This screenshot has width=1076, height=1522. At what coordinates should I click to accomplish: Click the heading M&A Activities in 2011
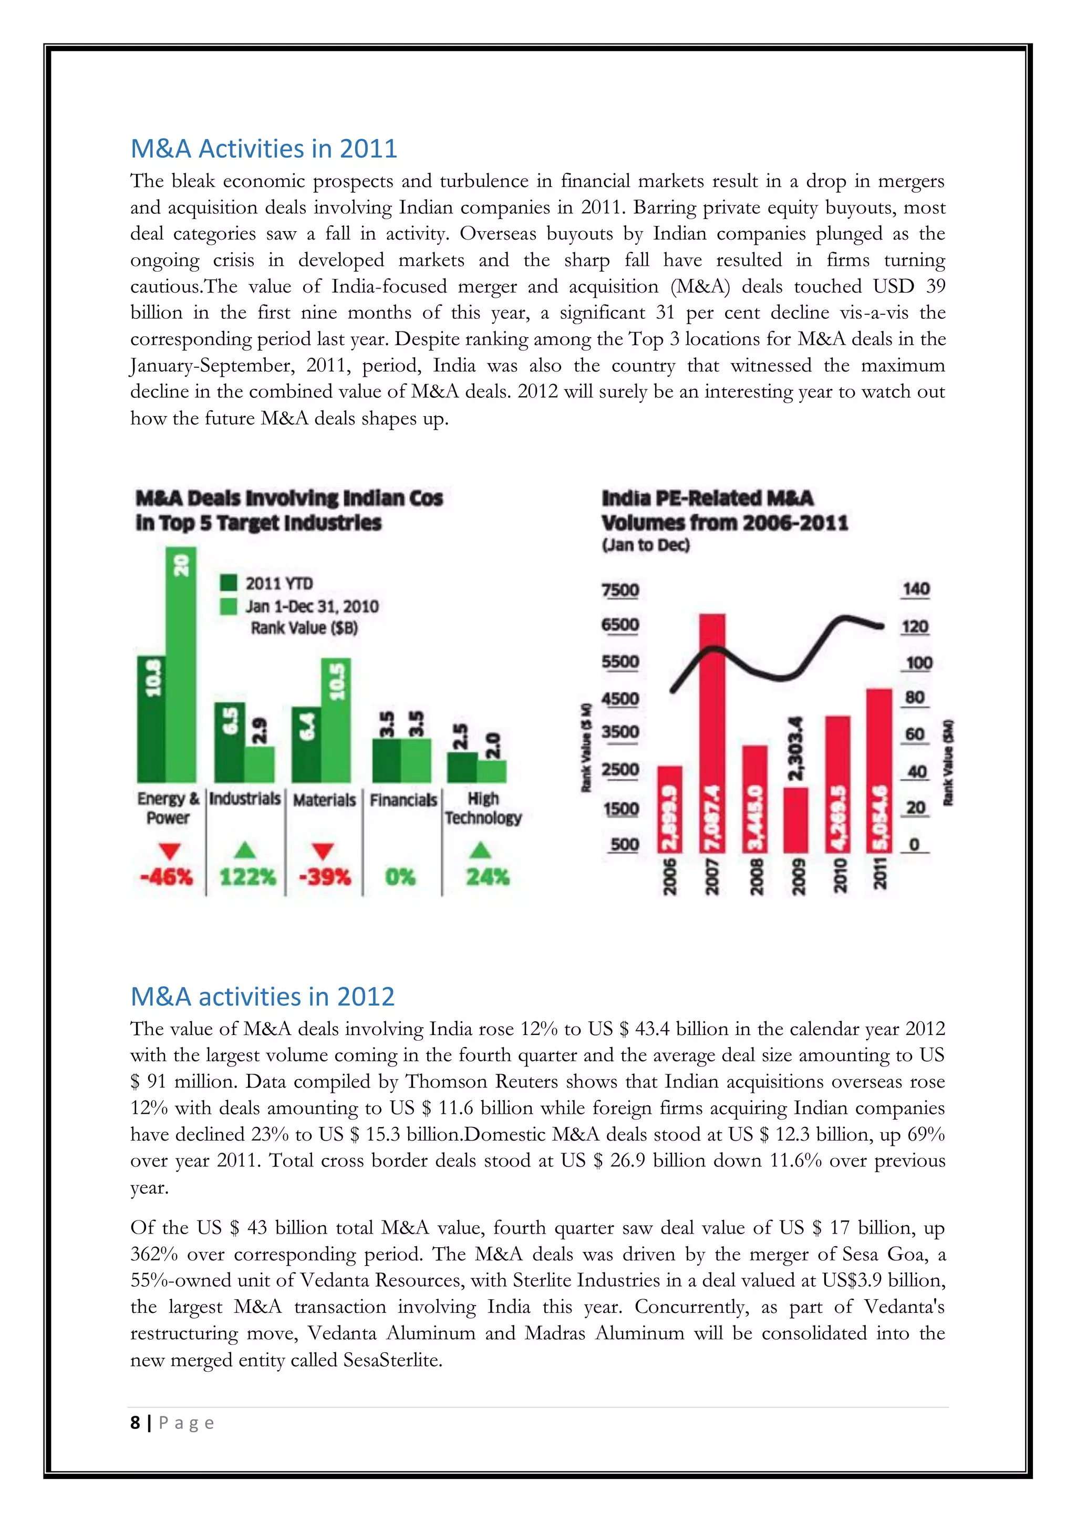263,149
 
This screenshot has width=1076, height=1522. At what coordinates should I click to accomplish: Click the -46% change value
167,877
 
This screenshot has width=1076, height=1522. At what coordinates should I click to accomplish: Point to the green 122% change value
246,877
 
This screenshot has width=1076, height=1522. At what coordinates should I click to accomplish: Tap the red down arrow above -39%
323,851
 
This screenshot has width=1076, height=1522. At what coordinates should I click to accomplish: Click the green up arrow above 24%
480,850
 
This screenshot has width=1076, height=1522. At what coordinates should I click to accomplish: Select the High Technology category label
483,808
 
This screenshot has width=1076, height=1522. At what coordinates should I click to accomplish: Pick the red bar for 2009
795,820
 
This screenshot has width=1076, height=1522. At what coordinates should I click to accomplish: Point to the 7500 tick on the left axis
620,590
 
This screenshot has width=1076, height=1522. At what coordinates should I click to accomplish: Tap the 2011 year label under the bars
880,873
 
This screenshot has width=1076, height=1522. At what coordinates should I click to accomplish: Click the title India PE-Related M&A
707,498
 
